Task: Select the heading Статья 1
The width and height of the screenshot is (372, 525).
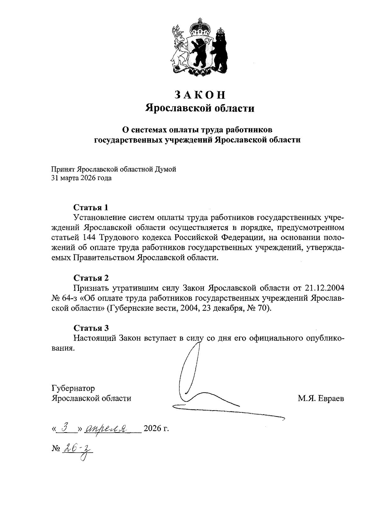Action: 91,207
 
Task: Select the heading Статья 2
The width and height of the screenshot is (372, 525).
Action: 91,278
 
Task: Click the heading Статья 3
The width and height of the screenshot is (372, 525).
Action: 91,328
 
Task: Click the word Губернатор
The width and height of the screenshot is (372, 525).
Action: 73,388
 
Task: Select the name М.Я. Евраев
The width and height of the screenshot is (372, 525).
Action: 321,398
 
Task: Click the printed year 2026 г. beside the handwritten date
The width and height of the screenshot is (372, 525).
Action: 156,429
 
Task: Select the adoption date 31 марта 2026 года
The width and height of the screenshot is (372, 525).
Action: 82,178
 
